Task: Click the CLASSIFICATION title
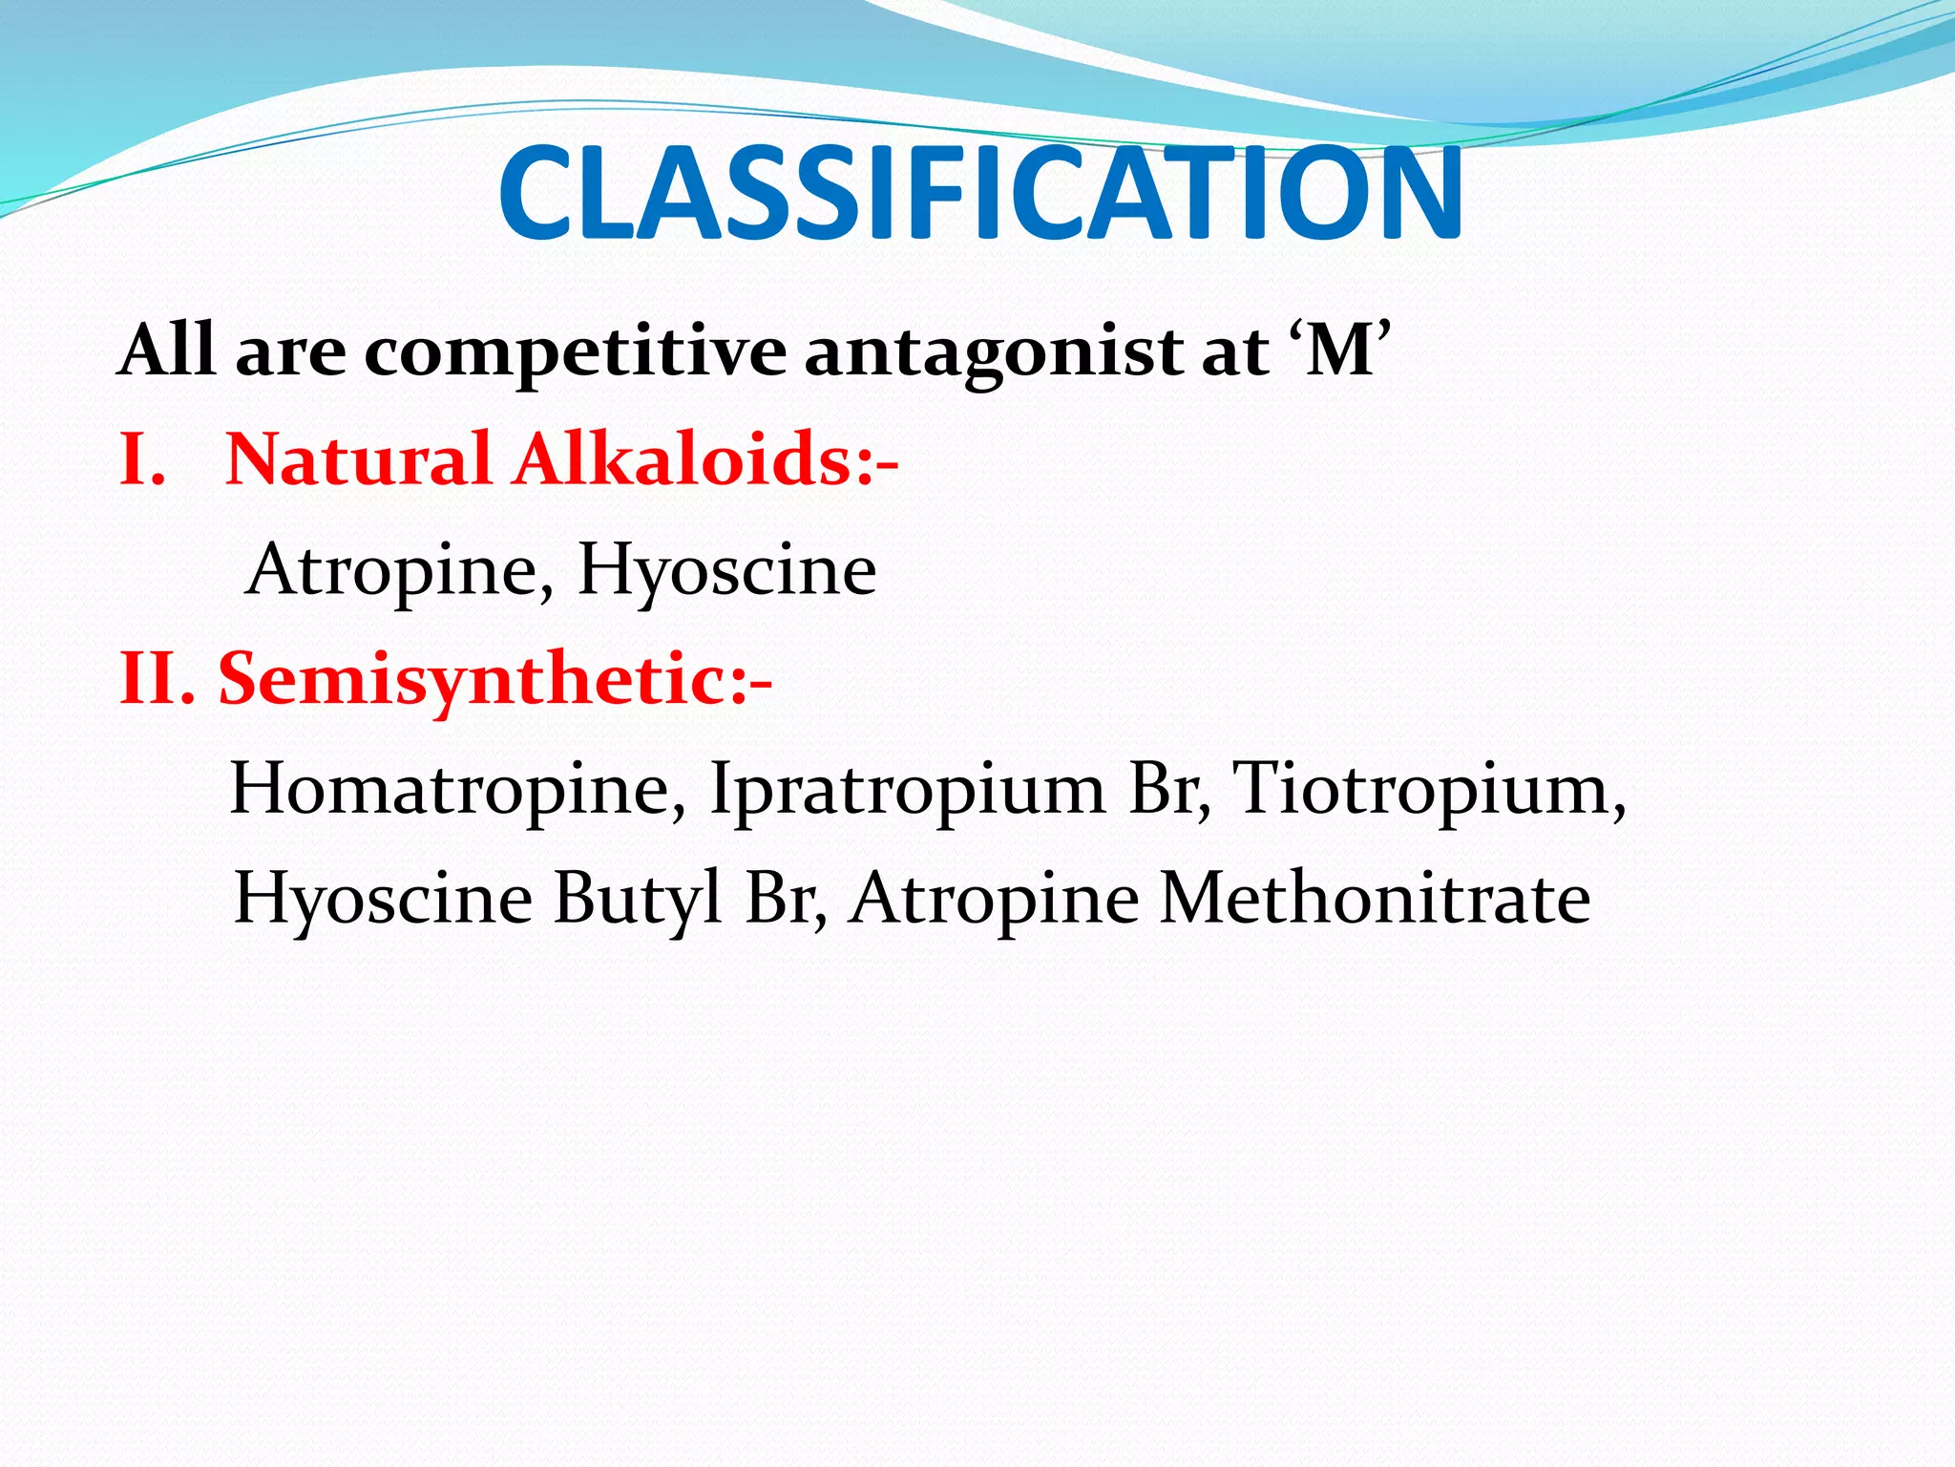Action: [x=979, y=193]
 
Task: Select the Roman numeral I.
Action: [x=138, y=459]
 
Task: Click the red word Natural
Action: [x=358, y=459]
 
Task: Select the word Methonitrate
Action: [x=1375, y=900]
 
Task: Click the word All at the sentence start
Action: [x=165, y=351]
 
